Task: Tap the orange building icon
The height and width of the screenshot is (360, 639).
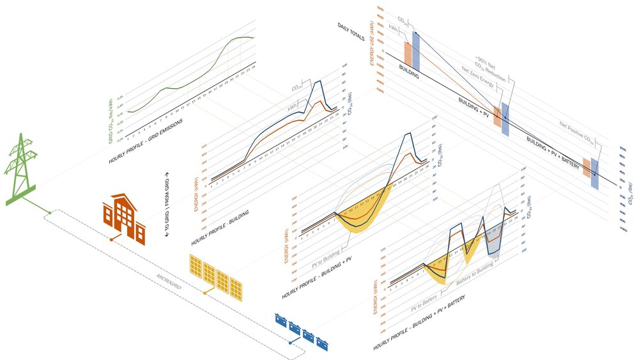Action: point(125,217)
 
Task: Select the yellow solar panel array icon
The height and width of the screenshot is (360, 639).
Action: point(218,276)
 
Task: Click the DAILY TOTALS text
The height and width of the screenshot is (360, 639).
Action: point(351,31)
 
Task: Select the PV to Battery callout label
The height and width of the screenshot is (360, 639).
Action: point(426,301)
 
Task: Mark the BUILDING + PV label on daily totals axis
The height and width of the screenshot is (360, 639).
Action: point(473,105)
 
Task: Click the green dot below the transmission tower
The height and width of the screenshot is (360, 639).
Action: point(50,212)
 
